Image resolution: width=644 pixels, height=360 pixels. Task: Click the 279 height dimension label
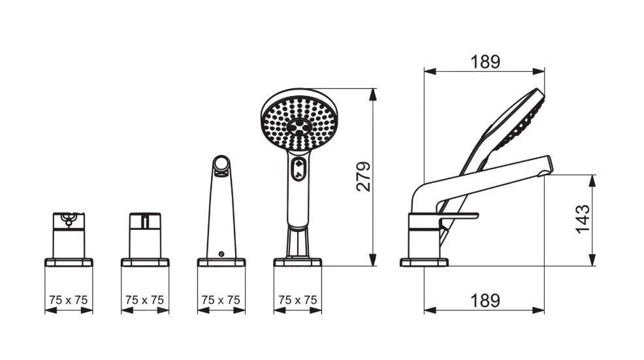(363, 176)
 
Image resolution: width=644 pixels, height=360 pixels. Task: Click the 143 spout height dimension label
(583, 220)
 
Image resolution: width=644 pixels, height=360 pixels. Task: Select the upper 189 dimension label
(485, 62)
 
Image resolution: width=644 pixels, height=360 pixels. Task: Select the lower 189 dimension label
(485, 301)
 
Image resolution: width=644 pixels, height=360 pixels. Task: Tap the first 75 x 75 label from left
(68, 300)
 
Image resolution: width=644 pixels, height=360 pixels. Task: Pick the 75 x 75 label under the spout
(221, 300)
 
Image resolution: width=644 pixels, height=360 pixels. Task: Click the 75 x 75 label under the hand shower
(298, 300)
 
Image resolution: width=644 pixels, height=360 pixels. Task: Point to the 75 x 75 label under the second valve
(144, 300)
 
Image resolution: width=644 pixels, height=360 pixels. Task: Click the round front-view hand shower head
(299, 120)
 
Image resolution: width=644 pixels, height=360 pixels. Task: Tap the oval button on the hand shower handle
(298, 169)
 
